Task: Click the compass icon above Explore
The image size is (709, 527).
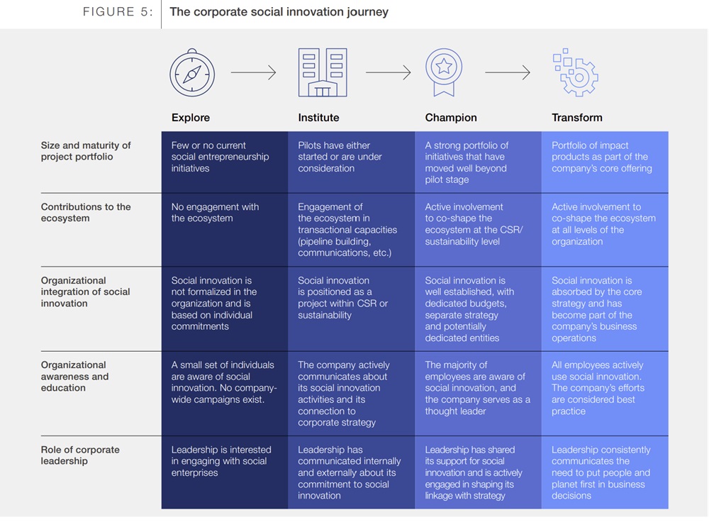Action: click(192, 73)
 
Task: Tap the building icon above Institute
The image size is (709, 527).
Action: click(323, 72)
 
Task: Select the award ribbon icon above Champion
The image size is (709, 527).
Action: click(444, 72)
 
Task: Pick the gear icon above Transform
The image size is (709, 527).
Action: click(576, 72)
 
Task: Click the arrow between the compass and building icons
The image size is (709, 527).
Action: click(253, 72)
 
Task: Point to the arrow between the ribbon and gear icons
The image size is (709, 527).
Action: click(508, 72)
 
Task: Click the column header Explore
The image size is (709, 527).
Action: click(190, 118)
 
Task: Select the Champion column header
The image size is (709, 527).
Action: click(451, 118)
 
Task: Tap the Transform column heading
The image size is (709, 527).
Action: click(577, 118)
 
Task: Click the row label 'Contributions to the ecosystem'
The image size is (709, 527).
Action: click(86, 213)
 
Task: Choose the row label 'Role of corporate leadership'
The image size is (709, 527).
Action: click(80, 455)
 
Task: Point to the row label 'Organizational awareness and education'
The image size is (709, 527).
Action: click(74, 377)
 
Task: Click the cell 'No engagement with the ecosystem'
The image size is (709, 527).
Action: click(215, 213)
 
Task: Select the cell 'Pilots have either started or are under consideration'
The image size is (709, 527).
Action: click(340, 157)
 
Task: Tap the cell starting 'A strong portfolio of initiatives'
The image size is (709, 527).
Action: click(467, 162)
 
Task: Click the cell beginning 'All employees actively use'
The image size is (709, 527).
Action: click(598, 388)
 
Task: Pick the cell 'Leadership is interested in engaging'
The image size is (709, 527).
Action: click(221, 461)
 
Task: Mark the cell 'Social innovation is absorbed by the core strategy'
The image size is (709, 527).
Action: click(596, 309)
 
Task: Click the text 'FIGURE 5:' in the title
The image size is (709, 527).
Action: click(118, 12)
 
